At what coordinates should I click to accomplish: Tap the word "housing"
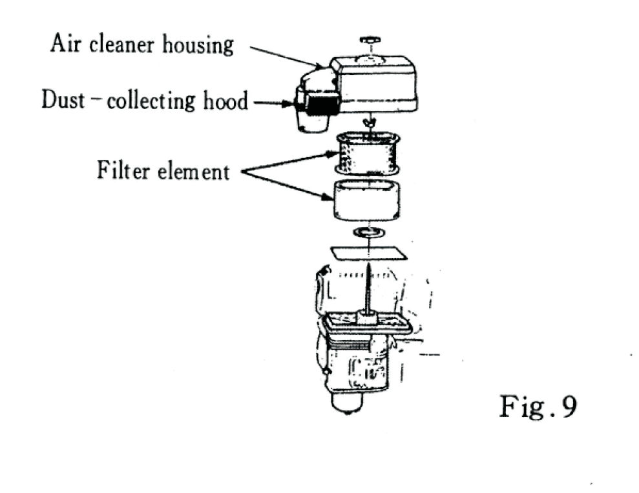coord(199,46)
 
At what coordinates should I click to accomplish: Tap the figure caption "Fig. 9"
coord(538,407)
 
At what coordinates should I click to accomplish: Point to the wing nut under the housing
coord(370,122)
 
